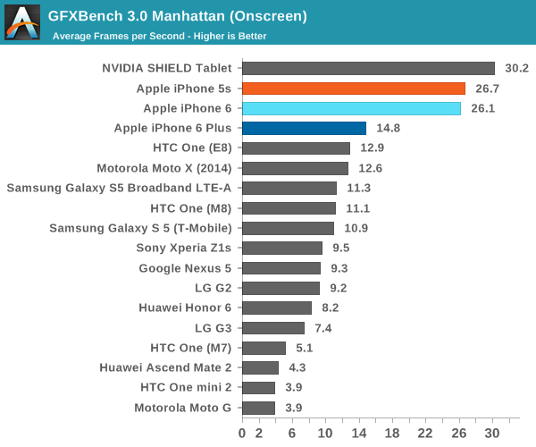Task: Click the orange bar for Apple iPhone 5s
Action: click(x=353, y=89)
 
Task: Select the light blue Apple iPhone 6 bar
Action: click(x=351, y=108)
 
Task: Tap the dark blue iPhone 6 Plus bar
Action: click(x=304, y=128)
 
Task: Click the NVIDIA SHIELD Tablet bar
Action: click(x=368, y=68)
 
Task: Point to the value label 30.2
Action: click(x=517, y=68)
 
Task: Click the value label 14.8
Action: click(x=389, y=128)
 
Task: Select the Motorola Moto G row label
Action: click(x=182, y=408)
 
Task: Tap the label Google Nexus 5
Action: click(x=185, y=268)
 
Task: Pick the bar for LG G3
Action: click(x=272, y=328)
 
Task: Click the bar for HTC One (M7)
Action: click(x=264, y=348)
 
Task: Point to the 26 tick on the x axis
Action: click(x=459, y=433)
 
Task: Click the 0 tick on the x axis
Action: click(x=242, y=433)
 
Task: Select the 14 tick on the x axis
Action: click(x=359, y=433)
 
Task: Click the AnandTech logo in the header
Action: click(x=21, y=22)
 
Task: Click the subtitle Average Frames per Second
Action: click(x=159, y=37)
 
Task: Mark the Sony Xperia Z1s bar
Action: click(x=281, y=248)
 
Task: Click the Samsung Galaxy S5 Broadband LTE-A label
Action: click(x=119, y=188)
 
